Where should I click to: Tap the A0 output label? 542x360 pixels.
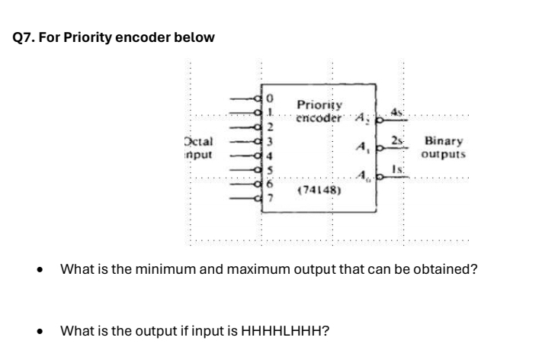point(365,177)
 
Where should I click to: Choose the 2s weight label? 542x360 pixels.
point(396,141)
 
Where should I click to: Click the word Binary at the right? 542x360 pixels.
point(442,141)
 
